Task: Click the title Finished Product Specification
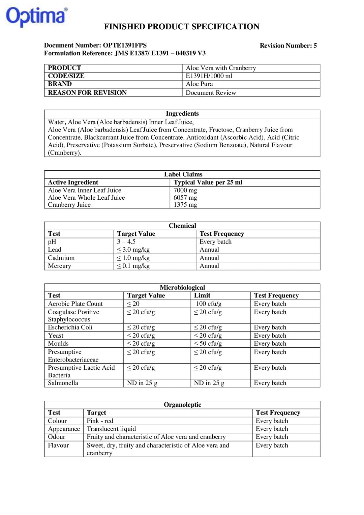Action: (x=181, y=27)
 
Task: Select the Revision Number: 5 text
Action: (x=288, y=46)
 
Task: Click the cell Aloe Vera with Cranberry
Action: (x=221, y=68)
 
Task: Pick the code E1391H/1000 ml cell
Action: (x=209, y=76)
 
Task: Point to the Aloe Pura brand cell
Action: (x=199, y=84)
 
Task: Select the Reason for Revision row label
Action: (x=87, y=92)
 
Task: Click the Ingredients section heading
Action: (x=182, y=114)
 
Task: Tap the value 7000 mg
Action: (x=185, y=190)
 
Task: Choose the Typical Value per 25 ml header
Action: (x=208, y=182)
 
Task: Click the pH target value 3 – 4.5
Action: (x=126, y=242)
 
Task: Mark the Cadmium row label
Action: (x=61, y=258)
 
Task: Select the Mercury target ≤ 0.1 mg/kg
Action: (x=133, y=266)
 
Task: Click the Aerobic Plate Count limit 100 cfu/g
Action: (x=209, y=304)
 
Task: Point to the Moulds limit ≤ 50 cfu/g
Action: (x=208, y=344)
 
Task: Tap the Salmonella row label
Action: (x=63, y=383)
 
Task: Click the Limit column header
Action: (x=202, y=295)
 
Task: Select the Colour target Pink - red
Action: (x=100, y=421)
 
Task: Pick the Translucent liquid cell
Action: (x=111, y=429)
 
